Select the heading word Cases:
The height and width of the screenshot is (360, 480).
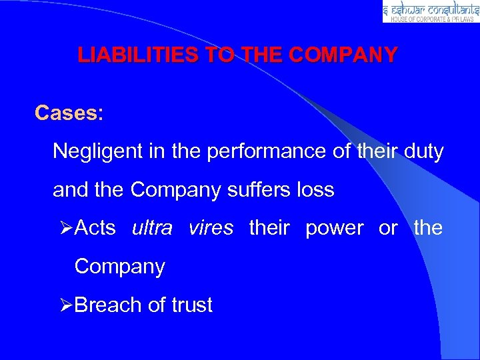(69, 113)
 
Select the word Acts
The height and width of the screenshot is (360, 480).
(95, 228)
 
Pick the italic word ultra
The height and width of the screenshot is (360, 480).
(153, 228)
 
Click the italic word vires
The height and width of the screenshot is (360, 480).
(211, 228)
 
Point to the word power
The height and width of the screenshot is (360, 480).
(334, 228)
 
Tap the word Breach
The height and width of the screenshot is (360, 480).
(109, 305)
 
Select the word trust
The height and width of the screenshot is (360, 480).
(192, 305)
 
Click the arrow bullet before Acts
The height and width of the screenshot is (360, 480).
(65, 229)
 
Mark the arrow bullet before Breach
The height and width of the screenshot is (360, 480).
(65, 305)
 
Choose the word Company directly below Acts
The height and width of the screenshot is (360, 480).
(119, 267)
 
